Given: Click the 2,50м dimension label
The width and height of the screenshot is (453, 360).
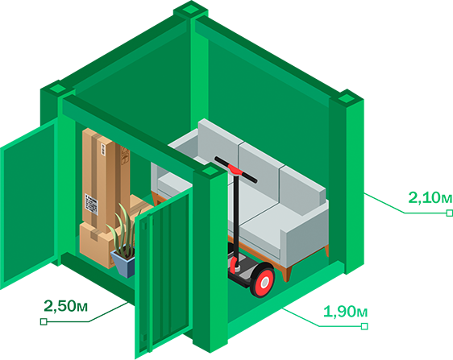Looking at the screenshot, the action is [65, 306].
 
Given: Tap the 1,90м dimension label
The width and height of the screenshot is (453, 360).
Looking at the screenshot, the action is [346, 312].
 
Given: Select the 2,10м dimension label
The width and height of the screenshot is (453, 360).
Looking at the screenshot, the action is [430, 198].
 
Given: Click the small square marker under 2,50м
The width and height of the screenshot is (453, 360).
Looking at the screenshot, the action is [44, 321].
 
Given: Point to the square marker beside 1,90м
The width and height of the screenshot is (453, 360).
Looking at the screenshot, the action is [364, 326].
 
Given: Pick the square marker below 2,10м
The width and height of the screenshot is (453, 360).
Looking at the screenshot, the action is [450, 213].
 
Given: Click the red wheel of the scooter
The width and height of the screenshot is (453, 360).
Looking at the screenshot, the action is [263, 283].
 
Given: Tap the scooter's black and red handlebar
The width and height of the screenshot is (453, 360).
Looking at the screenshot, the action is [235, 169].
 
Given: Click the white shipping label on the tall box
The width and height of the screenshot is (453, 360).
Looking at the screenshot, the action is [91, 204].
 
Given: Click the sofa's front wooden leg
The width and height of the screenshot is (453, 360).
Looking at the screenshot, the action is [286, 275].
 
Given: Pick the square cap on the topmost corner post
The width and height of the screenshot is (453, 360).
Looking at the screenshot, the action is [191, 10].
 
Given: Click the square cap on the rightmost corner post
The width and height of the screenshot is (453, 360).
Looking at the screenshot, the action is [346, 99].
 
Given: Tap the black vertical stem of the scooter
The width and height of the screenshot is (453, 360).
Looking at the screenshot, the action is [236, 219].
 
